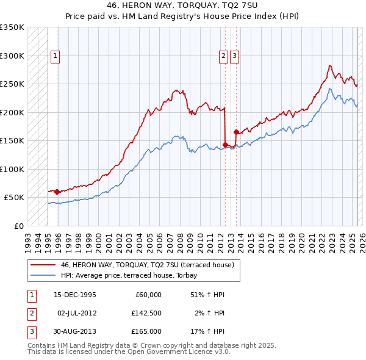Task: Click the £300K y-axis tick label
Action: click(12, 56)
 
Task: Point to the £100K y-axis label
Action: click(12, 169)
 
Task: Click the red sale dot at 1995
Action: click(57, 192)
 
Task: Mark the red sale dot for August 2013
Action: click(236, 132)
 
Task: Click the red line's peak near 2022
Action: click(329, 65)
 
